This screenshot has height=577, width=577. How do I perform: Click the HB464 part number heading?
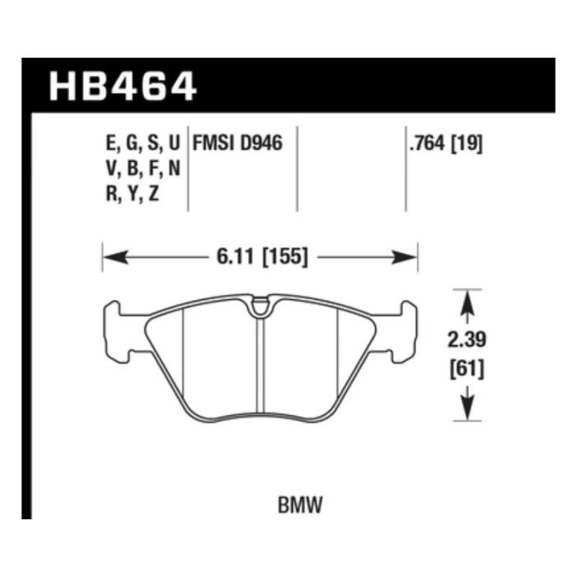(123, 87)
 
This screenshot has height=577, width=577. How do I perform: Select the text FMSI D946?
(237, 143)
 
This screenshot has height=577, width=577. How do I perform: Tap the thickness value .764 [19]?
(446, 143)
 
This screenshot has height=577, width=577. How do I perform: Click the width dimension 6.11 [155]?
(261, 256)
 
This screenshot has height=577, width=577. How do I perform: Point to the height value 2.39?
(467, 340)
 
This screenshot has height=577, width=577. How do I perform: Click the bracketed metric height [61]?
(467, 368)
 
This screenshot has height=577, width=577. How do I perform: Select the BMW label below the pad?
(300, 504)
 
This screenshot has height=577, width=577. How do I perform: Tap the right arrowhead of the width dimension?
(405, 257)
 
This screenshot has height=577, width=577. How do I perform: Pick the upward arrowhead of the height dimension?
(467, 303)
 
